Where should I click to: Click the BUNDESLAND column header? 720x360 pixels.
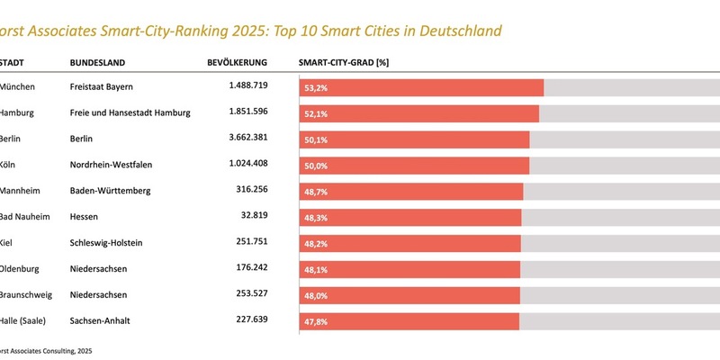tap(97, 63)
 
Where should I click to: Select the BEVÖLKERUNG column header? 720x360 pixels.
tap(238, 63)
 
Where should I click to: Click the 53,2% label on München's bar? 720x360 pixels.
tap(316, 87)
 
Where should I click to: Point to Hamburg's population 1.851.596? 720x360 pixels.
tap(242, 112)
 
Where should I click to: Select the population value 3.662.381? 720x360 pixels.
tap(242, 139)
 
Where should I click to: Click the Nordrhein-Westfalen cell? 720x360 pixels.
tap(118, 165)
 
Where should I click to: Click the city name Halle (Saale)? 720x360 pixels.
tap(27, 320)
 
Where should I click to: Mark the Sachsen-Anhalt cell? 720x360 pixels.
tap(102, 320)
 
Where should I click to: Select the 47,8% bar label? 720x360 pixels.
tap(316, 321)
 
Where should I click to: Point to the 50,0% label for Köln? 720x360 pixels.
tap(316, 166)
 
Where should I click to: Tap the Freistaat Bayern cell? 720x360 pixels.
tap(101, 86)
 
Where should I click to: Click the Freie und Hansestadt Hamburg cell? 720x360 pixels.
tap(130, 112)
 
